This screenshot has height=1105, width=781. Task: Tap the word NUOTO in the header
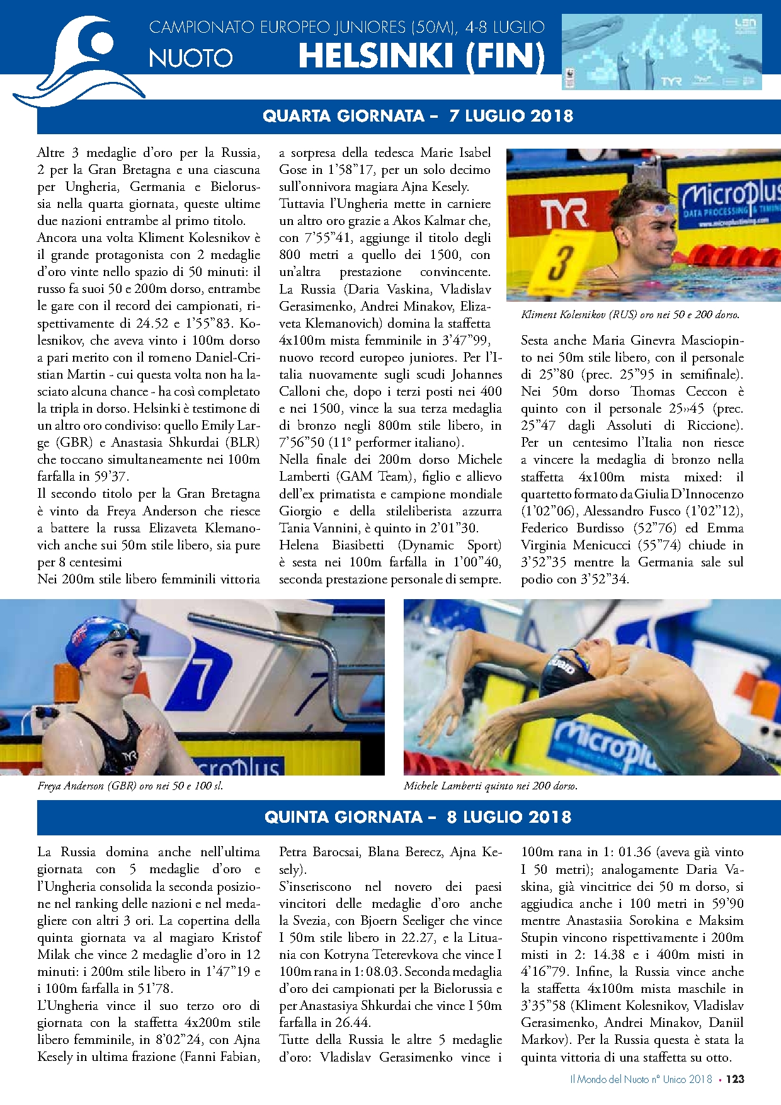[190, 58]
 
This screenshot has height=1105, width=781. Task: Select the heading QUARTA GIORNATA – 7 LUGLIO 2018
[418, 116]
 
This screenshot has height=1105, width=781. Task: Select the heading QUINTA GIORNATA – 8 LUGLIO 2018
[418, 817]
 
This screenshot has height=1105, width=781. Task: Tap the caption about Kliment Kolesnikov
[630, 314]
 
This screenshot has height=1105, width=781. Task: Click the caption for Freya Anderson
[130, 786]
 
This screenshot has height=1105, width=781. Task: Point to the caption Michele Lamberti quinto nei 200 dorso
[491, 786]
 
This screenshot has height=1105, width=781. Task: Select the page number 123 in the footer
[734, 1079]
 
